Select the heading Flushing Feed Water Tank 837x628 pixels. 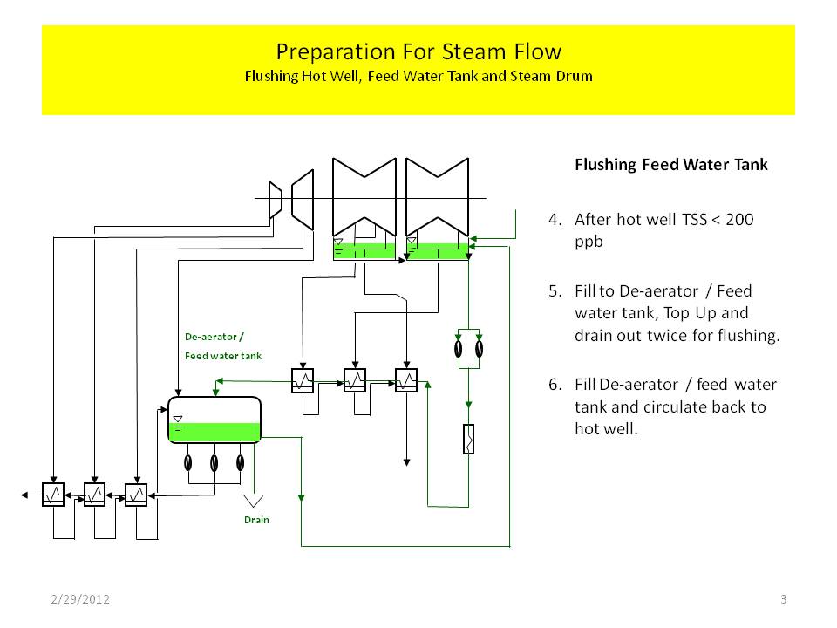(670, 165)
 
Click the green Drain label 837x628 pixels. (256, 520)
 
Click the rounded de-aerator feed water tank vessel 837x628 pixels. (214, 420)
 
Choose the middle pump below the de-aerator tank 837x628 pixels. (214, 462)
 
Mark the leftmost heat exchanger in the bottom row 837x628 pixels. (54, 495)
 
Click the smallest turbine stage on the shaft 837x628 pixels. (275, 199)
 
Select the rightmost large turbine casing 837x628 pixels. (438, 199)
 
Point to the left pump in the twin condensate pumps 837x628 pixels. (459, 347)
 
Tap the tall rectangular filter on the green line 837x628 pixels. (468, 439)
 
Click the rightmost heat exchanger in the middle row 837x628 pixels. (407, 380)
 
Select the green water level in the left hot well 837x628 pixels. (364, 252)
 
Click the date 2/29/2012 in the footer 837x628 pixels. (79, 599)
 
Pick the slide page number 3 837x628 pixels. (784, 599)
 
